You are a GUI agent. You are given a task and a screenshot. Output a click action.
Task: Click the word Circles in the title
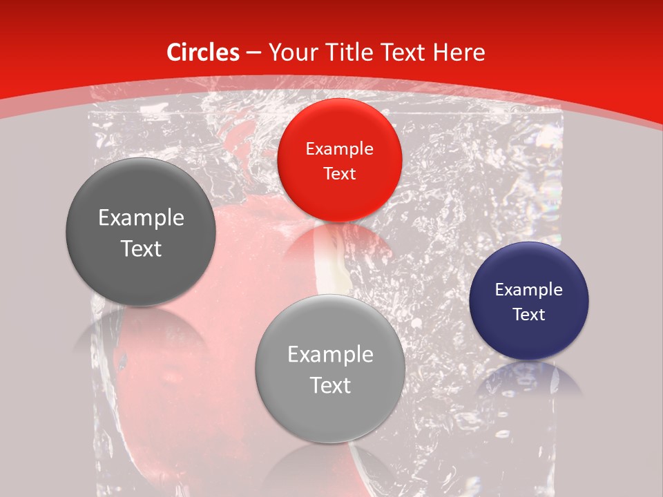click(203, 52)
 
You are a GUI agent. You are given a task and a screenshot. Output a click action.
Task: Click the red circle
click(339, 160)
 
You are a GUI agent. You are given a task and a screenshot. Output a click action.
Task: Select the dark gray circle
click(141, 233)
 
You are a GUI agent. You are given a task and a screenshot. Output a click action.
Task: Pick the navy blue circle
click(529, 301)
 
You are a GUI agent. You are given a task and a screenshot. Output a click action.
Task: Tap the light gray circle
click(330, 369)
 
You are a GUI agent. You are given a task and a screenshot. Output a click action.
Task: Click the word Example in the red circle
click(339, 148)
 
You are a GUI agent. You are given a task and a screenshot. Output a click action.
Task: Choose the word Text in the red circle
click(339, 173)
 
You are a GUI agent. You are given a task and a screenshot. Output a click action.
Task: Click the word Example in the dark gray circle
click(141, 218)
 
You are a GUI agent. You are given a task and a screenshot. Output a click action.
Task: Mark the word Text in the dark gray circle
click(141, 248)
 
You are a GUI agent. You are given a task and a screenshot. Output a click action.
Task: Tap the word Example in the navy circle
click(529, 289)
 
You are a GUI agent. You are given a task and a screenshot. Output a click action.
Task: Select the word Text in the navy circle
click(529, 314)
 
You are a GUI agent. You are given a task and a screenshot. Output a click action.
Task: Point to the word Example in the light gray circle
click(330, 354)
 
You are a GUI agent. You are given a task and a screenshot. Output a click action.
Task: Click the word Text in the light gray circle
click(330, 384)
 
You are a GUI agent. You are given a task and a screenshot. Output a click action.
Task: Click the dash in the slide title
click(253, 53)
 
